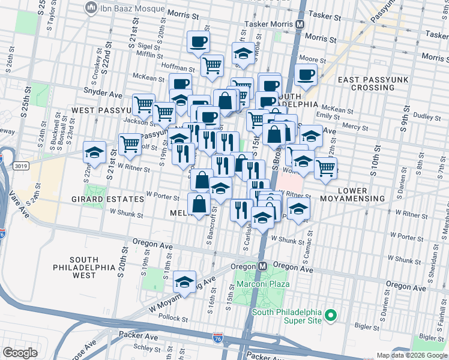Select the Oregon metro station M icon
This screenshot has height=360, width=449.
[263, 266]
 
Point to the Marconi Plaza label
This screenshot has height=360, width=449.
[263, 284]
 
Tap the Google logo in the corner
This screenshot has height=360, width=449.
[20, 353]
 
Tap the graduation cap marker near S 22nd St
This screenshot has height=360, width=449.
[95, 153]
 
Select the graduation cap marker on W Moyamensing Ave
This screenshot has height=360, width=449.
[185, 282]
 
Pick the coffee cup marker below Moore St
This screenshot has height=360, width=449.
[306, 76]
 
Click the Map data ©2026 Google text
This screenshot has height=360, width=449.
[411, 355]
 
